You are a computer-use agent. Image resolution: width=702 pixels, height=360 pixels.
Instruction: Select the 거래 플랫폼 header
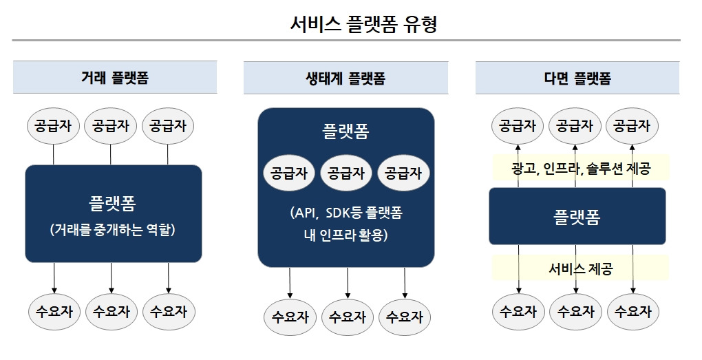coord(114,78)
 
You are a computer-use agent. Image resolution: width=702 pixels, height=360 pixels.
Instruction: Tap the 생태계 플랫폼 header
coord(345,78)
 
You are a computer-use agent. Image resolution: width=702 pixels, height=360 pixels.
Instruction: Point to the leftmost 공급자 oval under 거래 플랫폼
coord(53,126)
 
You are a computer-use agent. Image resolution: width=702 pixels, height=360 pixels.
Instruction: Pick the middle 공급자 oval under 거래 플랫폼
coord(111,126)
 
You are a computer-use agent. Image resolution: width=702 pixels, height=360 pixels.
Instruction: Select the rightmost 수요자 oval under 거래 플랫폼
coord(169,312)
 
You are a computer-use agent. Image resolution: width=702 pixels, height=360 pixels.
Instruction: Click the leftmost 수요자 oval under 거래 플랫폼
coord(54,312)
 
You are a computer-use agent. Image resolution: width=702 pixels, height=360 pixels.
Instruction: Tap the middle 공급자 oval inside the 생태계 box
coord(346,173)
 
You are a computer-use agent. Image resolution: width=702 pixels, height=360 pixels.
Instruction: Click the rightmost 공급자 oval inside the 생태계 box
coord(404,173)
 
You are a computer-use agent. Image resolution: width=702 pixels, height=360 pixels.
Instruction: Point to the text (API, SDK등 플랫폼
coord(346,213)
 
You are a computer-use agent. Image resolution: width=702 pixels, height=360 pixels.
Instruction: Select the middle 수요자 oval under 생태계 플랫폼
coord(348,317)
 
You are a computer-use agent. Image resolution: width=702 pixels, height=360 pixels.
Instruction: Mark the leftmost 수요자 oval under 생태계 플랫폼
coord(290,317)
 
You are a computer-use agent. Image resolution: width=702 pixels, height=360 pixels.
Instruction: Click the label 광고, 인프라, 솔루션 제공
coord(581,168)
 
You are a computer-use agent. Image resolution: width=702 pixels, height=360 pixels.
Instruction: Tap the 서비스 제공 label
coord(581,268)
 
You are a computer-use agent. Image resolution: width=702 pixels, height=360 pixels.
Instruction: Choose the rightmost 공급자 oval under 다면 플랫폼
coord(632,126)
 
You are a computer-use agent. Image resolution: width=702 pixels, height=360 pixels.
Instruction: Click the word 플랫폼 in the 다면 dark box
coord(577,218)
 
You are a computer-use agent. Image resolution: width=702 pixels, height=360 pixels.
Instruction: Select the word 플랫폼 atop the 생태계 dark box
coord(345,131)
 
